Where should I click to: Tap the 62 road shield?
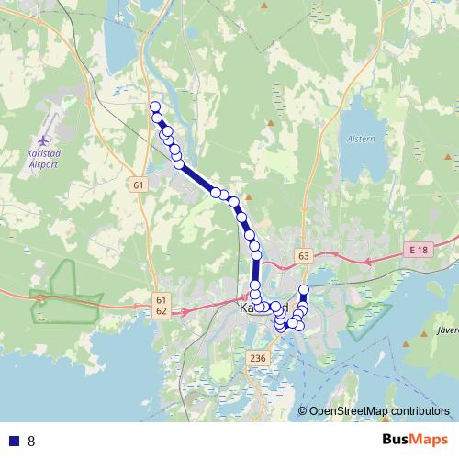click(x=162, y=312)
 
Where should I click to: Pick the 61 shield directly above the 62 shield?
click(x=162, y=300)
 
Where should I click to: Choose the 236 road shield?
click(x=258, y=358)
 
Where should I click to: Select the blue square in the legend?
click(x=14, y=441)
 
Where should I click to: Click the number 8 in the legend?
click(x=31, y=441)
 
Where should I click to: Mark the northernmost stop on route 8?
click(x=155, y=107)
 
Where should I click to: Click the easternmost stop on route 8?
click(x=305, y=291)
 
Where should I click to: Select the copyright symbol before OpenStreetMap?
click(x=303, y=411)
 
